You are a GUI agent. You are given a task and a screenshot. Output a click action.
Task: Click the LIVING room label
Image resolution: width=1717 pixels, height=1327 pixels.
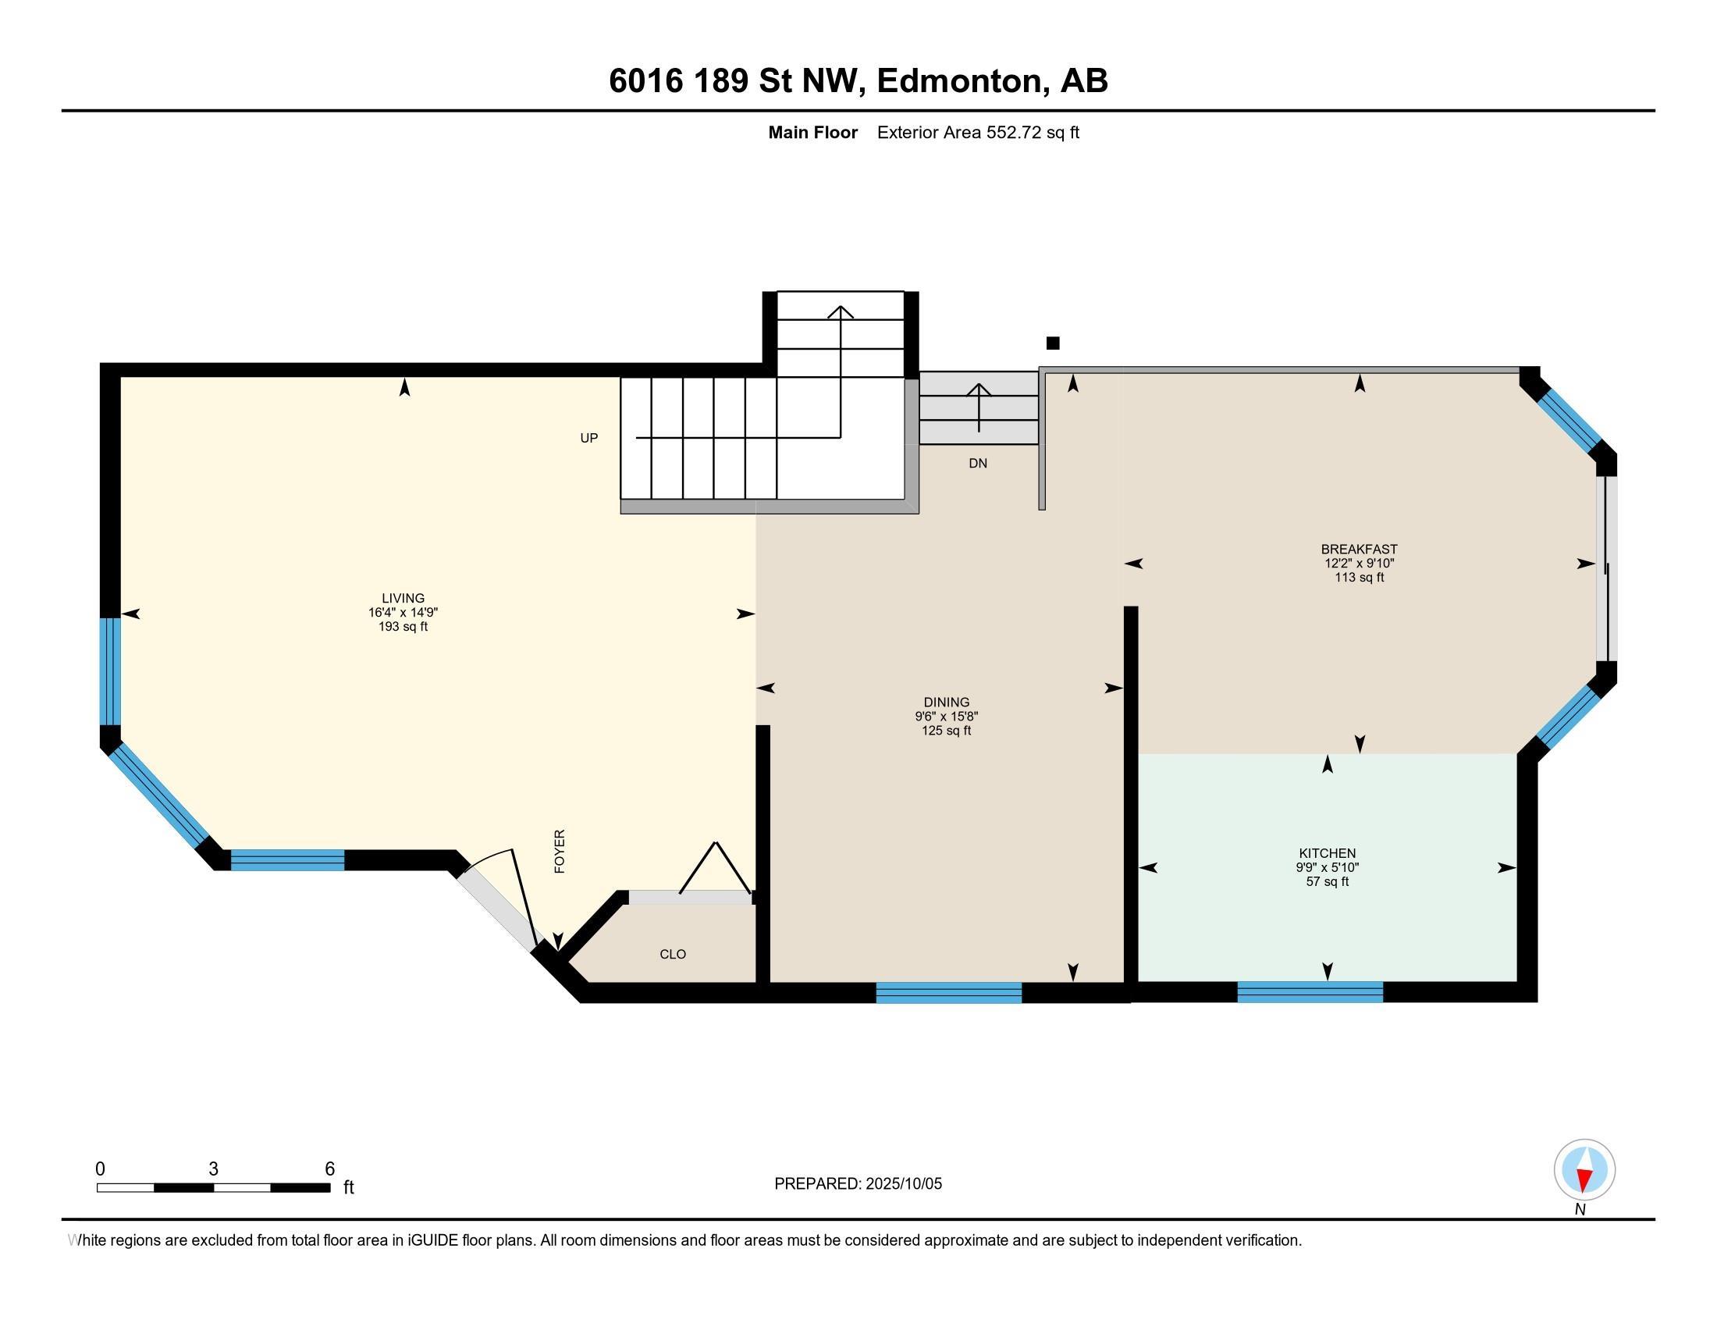point(403,598)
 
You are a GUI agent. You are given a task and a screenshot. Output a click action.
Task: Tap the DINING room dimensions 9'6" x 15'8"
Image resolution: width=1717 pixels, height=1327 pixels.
point(946,716)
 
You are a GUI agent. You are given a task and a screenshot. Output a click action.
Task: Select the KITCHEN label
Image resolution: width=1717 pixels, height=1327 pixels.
point(1327,853)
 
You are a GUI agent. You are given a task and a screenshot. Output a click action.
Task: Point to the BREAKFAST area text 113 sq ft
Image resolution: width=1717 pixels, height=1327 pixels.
point(1359,578)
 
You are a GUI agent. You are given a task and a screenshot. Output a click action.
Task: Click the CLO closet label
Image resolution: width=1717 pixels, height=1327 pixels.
point(672,955)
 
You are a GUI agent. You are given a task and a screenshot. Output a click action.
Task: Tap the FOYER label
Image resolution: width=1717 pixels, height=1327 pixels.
point(560,852)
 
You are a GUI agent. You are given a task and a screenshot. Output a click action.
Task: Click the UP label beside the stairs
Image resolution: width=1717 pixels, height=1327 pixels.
point(588,438)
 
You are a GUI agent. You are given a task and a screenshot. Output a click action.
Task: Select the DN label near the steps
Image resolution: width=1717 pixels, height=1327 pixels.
point(977,464)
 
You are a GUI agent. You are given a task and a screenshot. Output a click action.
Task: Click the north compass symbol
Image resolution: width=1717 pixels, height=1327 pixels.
point(1584,1170)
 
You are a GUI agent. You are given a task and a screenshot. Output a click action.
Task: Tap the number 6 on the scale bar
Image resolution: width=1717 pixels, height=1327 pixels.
point(330,1169)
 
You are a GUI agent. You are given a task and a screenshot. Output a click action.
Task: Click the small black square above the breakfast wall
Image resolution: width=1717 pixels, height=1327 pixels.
point(1053,343)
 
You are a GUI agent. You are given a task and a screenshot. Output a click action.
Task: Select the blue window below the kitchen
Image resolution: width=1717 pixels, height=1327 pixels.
point(1310,993)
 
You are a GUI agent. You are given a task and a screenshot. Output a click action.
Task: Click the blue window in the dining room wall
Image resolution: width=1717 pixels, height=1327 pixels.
point(948,993)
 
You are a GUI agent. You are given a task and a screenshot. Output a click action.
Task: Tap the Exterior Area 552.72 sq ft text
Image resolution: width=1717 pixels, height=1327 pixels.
point(977,133)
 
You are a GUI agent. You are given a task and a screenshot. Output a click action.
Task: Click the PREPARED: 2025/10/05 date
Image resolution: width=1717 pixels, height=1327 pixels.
point(858,1184)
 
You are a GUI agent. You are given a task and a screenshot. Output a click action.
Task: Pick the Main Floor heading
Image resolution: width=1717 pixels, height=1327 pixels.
point(812,133)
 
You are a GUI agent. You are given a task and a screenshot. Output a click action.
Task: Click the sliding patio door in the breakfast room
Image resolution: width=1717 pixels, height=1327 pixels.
point(1606,567)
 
